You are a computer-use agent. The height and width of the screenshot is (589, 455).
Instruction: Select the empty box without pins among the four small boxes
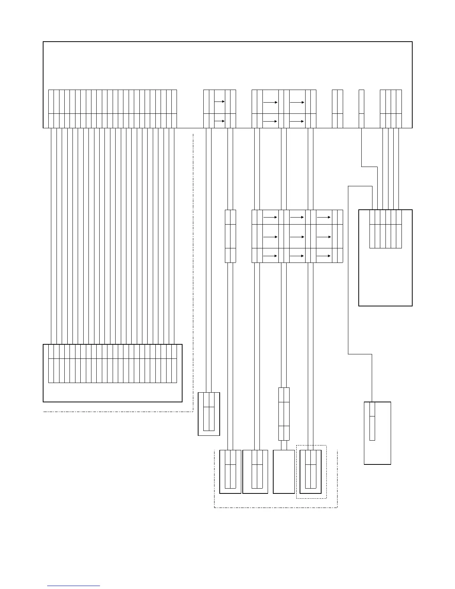pos(284,471)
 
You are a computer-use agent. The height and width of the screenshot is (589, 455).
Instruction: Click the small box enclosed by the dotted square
pos(310,471)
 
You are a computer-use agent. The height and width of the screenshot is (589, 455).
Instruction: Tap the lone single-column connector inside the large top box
pos(361,109)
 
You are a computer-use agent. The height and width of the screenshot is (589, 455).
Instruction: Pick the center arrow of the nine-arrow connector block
pos(297,237)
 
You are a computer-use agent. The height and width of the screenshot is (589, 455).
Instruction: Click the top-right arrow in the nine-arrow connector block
pos(323,217)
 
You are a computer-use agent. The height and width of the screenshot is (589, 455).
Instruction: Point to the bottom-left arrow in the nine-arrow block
pos(270,256)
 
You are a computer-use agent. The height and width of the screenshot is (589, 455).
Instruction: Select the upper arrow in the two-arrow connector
pos(219,102)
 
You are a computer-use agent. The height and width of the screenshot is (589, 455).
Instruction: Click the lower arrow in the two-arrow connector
pos(219,121)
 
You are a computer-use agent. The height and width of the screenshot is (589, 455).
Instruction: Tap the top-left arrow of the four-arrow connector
pos(270,102)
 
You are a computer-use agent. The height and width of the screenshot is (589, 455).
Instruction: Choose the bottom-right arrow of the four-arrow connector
pos(297,121)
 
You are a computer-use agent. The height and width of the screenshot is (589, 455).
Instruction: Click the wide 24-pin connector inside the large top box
pos(112,109)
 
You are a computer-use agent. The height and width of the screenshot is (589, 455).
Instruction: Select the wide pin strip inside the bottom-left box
pos(112,364)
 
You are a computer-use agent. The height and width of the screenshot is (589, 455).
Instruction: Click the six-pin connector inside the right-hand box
pos(385,229)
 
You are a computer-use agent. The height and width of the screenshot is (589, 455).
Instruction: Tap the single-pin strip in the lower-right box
pos(372,421)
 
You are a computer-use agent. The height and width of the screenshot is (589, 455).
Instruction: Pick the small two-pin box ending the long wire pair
pos(209,413)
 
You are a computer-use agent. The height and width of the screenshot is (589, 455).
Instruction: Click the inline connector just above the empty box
pos(284,414)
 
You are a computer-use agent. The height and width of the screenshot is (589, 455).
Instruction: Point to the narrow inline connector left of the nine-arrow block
pos(230,236)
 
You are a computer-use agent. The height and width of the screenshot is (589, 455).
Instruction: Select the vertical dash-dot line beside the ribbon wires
pos(193,271)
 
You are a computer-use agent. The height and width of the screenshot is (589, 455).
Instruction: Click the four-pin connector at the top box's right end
pos(391,109)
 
